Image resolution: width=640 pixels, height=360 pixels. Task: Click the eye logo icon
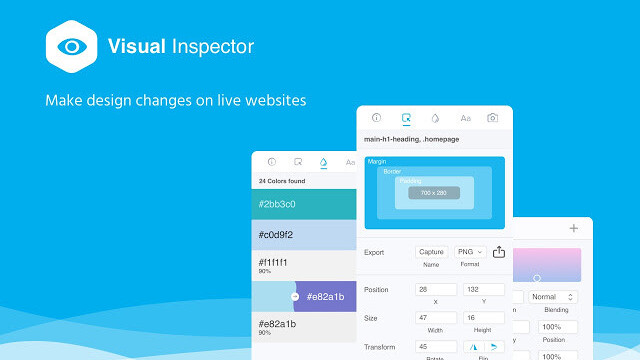(71, 47)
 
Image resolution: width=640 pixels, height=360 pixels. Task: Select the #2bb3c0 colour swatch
(301, 204)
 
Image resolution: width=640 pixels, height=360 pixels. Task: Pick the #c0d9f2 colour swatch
(301, 235)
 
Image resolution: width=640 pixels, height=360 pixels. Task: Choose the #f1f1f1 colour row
(301, 265)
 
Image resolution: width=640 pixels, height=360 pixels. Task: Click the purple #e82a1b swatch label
(325, 296)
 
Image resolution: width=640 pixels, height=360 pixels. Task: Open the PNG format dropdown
(469, 252)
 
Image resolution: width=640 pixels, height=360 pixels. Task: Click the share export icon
(499, 252)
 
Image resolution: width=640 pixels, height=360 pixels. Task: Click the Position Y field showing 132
(485, 289)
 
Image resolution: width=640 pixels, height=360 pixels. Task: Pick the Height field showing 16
(485, 317)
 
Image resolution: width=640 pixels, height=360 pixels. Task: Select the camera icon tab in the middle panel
(492, 118)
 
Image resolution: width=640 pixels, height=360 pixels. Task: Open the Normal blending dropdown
(554, 297)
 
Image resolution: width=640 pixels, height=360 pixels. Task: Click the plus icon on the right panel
(573, 229)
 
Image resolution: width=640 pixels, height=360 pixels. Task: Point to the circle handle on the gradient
(537, 277)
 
